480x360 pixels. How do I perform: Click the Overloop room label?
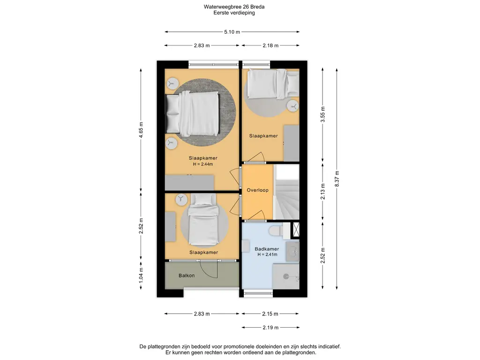(257, 190)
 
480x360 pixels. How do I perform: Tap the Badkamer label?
(267, 249)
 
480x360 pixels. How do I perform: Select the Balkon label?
(187, 276)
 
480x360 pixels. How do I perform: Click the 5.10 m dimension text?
(232, 31)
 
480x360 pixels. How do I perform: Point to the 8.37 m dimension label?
(337, 179)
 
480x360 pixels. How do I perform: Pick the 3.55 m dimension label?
(322, 114)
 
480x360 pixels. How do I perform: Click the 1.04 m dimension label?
(141, 276)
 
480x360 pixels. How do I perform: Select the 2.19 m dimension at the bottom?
(270, 328)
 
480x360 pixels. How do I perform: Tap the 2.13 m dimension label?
(322, 192)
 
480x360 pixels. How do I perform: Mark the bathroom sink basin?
(292, 252)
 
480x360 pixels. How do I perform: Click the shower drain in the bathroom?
(286, 277)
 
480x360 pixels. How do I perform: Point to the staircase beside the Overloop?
(286, 192)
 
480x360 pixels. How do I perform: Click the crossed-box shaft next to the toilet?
(296, 229)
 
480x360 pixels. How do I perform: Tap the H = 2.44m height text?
(203, 164)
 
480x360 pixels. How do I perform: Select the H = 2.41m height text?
(267, 255)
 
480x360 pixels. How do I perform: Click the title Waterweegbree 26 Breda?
(234, 7)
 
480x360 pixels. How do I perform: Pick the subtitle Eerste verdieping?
(234, 13)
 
